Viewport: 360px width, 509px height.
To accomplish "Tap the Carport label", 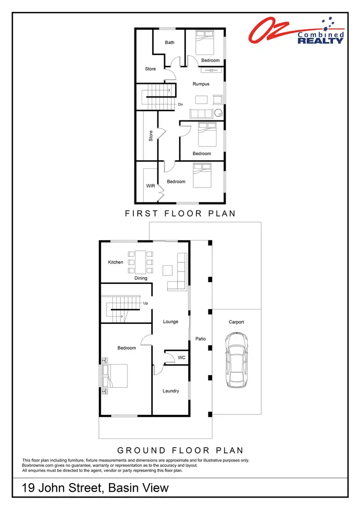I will (236, 322).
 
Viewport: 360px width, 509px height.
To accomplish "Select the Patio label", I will (201, 339).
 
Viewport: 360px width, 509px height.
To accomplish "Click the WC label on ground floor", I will (181, 357).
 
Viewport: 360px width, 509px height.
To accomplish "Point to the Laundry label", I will (171, 391).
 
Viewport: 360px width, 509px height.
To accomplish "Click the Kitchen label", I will (116, 262).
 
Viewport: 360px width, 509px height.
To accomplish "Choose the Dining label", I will (141, 278).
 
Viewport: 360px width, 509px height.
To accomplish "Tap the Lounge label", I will (170, 321).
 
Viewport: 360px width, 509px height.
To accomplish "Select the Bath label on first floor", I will (169, 42).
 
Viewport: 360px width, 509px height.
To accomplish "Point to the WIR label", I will (150, 185).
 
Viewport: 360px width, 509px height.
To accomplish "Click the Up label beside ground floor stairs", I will (145, 303).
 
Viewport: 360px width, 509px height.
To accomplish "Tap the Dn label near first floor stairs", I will (180, 104).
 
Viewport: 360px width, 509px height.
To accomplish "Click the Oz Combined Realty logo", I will (296, 32).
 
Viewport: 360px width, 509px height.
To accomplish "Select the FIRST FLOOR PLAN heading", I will (180, 213).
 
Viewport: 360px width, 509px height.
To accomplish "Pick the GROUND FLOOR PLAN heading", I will (180, 450).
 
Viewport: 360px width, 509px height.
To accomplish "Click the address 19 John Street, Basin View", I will (96, 488).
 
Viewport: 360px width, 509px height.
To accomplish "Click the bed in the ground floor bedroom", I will (116, 376).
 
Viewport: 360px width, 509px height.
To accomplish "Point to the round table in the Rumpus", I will (218, 114).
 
